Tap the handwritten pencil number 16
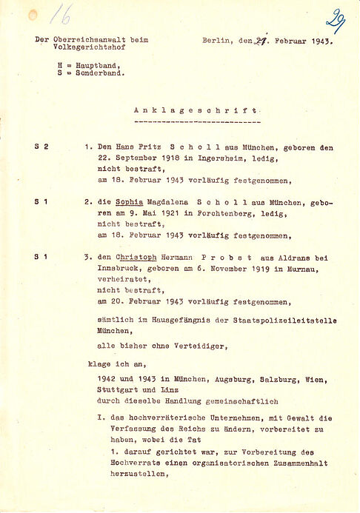tap(61, 13)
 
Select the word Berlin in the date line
tap(216, 41)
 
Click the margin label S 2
tap(41, 147)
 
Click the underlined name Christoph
tap(139, 257)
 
